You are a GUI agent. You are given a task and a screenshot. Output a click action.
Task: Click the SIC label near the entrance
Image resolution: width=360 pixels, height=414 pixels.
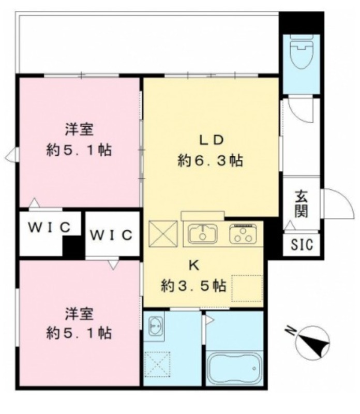pyautogui.click(x=302, y=244)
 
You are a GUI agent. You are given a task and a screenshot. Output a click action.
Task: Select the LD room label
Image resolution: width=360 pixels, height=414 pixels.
pyautogui.click(x=211, y=140)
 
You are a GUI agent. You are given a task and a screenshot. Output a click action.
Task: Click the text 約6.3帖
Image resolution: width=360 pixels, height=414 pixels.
pyautogui.click(x=211, y=160)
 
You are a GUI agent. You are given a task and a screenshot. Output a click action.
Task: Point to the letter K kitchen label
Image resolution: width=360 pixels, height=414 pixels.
pyautogui.click(x=194, y=265)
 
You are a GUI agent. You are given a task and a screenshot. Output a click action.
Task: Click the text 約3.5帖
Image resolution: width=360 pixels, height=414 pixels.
pyautogui.click(x=194, y=286)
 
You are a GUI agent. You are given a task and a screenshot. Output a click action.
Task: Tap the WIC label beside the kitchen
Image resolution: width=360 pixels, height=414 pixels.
pyautogui.click(x=111, y=235)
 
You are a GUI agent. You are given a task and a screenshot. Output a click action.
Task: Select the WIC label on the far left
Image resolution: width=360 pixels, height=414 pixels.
pyautogui.click(x=49, y=227)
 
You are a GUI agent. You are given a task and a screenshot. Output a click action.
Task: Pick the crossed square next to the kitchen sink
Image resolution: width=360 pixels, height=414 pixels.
pyautogui.click(x=163, y=234)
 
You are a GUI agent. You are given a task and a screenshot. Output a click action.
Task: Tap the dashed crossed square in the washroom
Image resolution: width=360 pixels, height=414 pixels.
pyautogui.click(x=157, y=365)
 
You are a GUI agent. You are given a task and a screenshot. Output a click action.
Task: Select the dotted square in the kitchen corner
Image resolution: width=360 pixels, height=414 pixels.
pyautogui.click(x=247, y=288)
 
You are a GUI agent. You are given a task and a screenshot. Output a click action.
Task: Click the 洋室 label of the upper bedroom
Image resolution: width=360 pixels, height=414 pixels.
pyautogui.click(x=79, y=130)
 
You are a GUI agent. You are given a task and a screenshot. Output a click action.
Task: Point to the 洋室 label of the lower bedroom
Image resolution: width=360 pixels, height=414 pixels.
pyautogui.click(x=79, y=314)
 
